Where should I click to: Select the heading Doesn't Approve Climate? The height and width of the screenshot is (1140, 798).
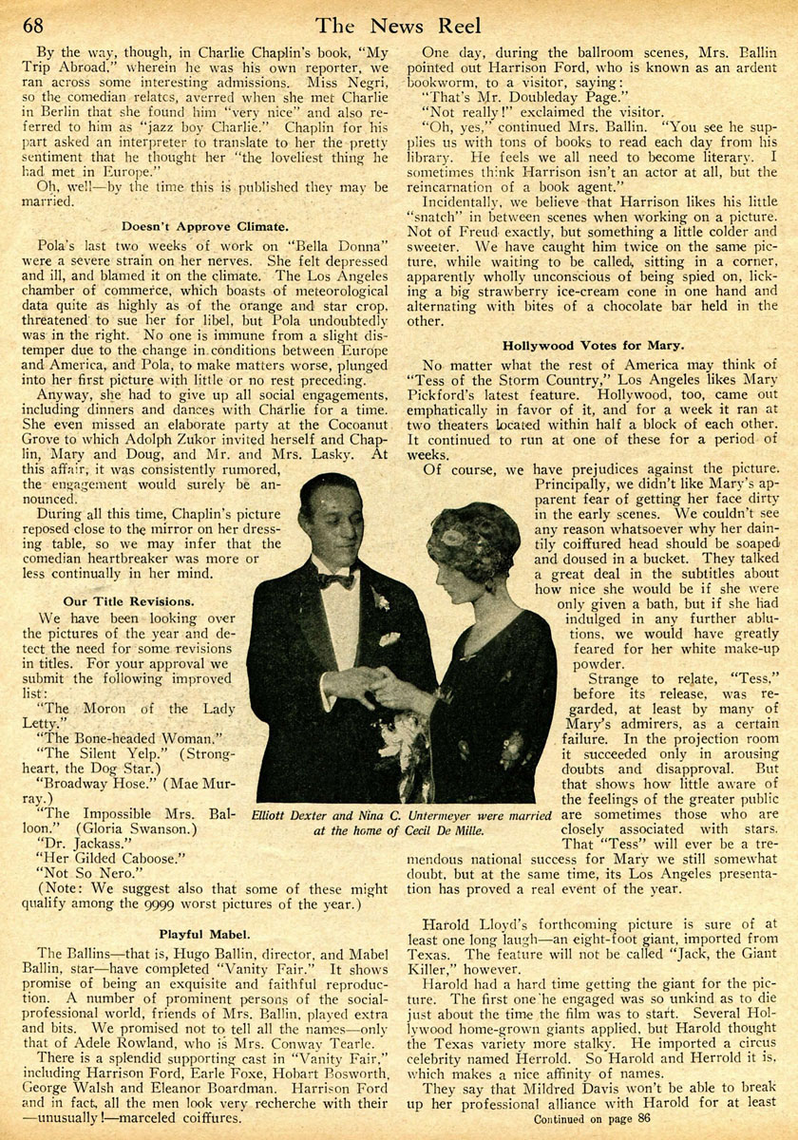pyautogui.click(x=204, y=225)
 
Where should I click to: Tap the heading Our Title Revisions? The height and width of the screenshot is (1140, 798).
pyautogui.click(x=129, y=601)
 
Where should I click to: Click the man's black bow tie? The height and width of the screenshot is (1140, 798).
pyautogui.click(x=335, y=579)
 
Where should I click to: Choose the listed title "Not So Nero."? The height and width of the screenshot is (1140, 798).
pyautogui.click(x=81, y=872)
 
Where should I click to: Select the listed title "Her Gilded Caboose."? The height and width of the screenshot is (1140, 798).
pyautogui.click(x=106, y=856)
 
